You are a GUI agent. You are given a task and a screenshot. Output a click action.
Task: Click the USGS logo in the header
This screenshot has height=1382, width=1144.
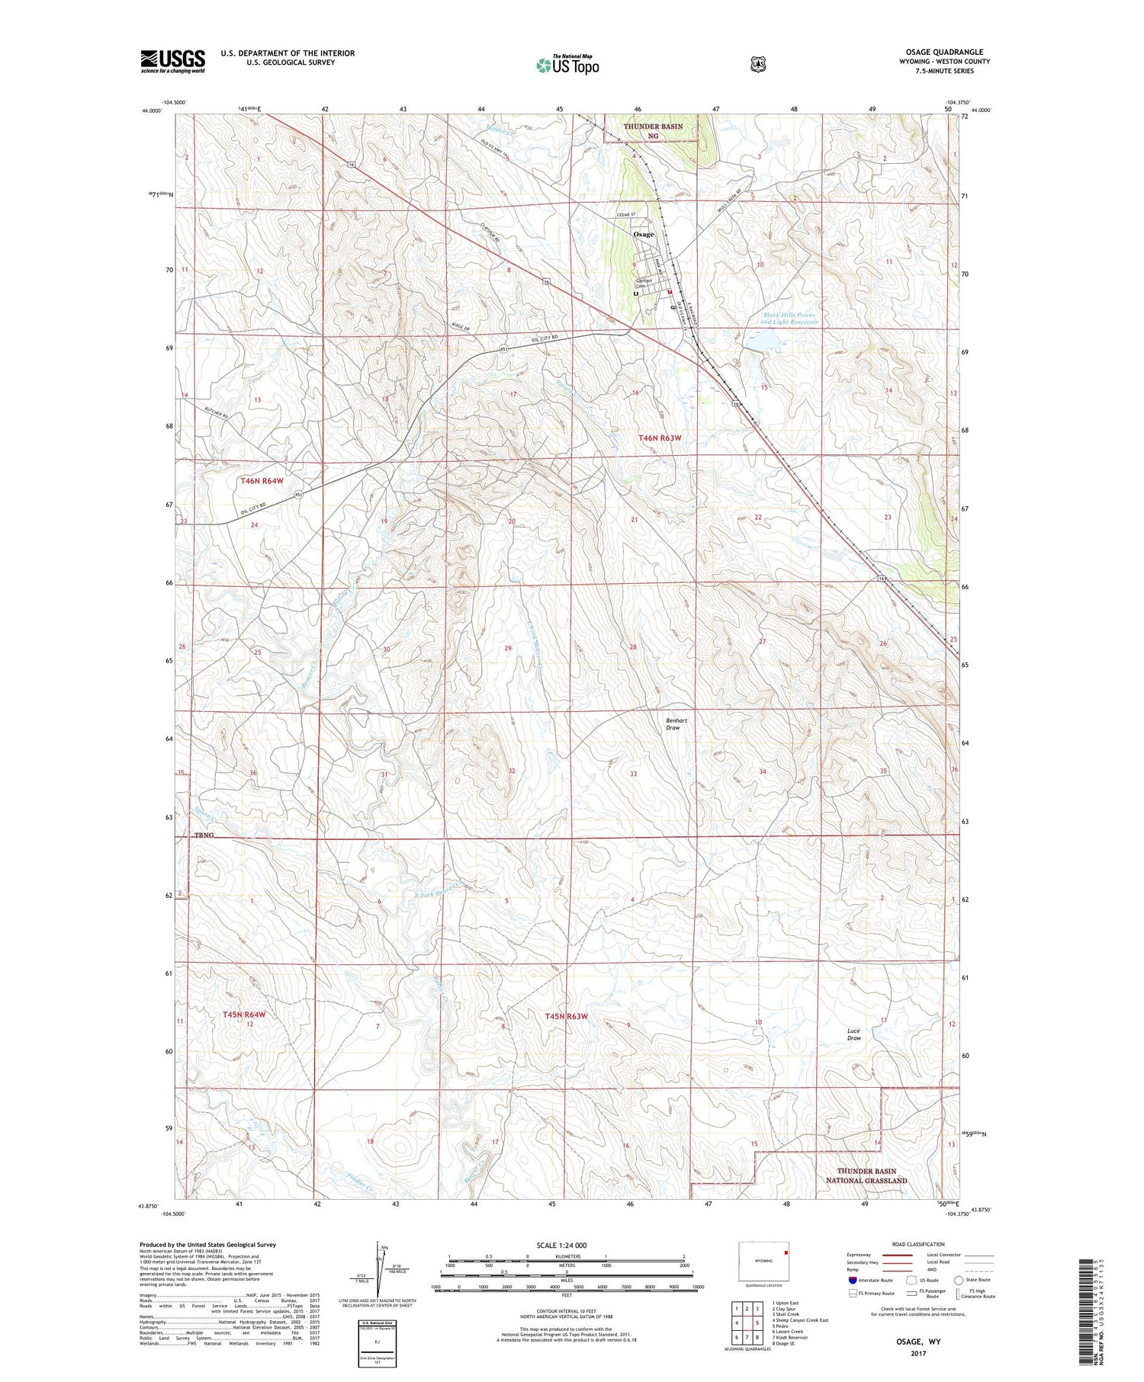(172, 61)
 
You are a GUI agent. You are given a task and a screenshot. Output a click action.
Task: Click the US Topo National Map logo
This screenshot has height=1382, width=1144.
(567, 64)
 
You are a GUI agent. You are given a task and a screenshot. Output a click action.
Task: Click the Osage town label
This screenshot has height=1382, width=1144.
(644, 235)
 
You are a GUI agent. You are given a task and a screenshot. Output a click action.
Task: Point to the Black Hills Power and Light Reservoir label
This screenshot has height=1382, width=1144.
(790, 318)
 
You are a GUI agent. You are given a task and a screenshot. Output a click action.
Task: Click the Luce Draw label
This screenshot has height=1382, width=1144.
(854, 1034)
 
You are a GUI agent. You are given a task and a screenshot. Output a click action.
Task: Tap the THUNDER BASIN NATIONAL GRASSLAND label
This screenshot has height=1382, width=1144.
(866, 1175)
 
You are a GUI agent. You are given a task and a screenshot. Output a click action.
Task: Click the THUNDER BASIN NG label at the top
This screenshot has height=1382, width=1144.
(652, 131)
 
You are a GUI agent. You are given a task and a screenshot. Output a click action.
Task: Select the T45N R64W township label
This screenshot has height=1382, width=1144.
(244, 1015)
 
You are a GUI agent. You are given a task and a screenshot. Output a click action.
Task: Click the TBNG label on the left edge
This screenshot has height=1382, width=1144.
(204, 835)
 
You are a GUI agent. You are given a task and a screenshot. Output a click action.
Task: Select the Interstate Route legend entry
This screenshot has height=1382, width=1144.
(869, 1281)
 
